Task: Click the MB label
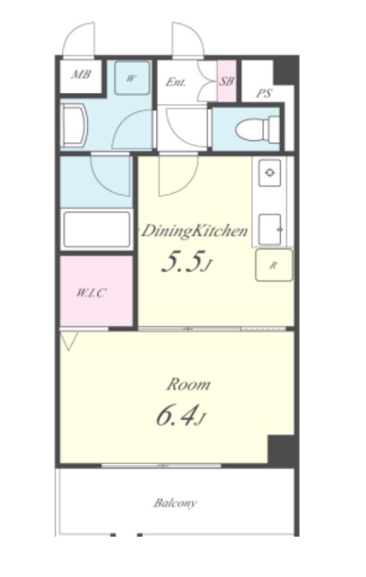click(x=81, y=75)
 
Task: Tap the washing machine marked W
click(x=132, y=77)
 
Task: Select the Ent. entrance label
click(x=176, y=82)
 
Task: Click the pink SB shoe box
click(x=226, y=81)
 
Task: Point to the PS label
click(x=264, y=93)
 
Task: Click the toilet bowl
click(x=258, y=129)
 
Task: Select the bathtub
click(x=97, y=229)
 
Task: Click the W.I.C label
click(x=91, y=293)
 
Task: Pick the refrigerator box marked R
click(x=274, y=265)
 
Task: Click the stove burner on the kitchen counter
click(x=270, y=172)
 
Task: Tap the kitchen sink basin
click(x=270, y=229)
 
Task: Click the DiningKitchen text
click(x=194, y=231)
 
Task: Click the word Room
click(x=188, y=384)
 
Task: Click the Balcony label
click(x=175, y=503)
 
